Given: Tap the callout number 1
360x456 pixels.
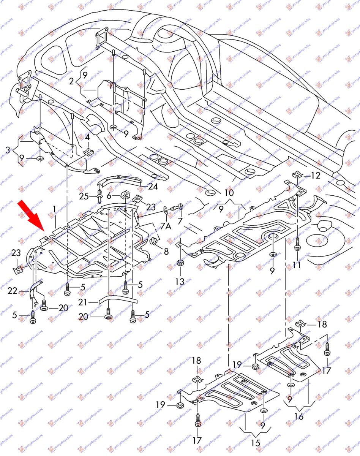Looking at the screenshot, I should (55, 209).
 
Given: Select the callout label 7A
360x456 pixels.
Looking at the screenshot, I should (166, 226).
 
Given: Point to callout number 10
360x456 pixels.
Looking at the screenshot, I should (229, 193).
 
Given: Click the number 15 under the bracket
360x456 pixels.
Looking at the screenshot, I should (255, 443).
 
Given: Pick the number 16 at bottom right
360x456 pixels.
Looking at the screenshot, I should (299, 416).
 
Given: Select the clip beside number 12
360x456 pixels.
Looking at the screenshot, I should (297, 176).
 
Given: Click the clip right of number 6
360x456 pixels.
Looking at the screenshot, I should (124, 196).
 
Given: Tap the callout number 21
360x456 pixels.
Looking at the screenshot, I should (83, 302).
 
